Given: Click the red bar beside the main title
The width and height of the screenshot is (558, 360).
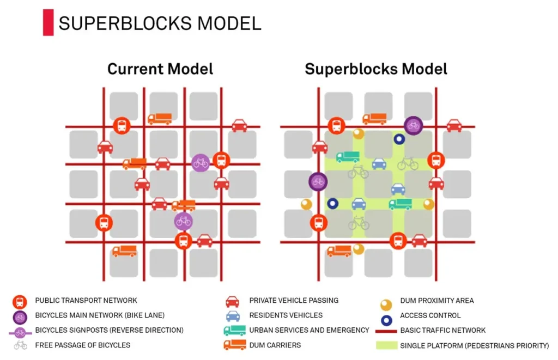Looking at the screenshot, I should pyautogui.click(x=48, y=23).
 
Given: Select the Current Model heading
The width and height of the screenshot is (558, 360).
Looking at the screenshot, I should pyautogui.click(x=160, y=69).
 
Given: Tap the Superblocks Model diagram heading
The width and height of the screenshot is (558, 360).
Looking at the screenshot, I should pyautogui.click(x=376, y=69).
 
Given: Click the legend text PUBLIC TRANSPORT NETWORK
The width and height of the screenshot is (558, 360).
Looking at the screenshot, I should pyautogui.click(x=86, y=301).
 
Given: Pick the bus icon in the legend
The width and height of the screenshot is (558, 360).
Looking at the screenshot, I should pyautogui.click(x=20, y=301).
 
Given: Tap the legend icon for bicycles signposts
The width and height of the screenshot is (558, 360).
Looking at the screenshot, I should pyautogui.click(x=20, y=331).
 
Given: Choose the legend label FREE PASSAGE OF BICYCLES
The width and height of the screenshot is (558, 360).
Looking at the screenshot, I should pyautogui.click(x=83, y=345).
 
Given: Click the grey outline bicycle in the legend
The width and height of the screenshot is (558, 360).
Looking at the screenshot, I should pyautogui.click(x=20, y=345).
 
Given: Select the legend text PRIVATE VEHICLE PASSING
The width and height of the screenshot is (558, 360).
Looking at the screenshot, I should pyautogui.click(x=294, y=301).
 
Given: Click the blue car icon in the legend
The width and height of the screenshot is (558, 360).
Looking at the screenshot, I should pyautogui.click(x=233, y=316).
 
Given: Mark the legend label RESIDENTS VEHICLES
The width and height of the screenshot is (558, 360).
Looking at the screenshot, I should pyautogui.click(x=286, y=315).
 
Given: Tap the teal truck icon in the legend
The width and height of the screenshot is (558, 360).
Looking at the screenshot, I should pyautogui.click(x=234, y=330).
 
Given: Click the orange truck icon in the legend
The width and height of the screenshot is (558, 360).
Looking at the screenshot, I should pyautogui.click(x=234, y=345).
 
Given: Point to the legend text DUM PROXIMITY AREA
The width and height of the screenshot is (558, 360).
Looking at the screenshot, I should pyautogui.click(x=436, y=301).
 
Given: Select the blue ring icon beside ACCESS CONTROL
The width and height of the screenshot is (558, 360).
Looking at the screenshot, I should pyautogui.click(x=386, y=316).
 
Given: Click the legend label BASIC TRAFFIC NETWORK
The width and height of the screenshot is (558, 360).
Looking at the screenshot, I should pyautogui.click(x=442, y=330).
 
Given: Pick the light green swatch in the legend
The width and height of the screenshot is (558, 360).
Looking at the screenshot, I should pyautogui.click(x=386, y=345).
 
